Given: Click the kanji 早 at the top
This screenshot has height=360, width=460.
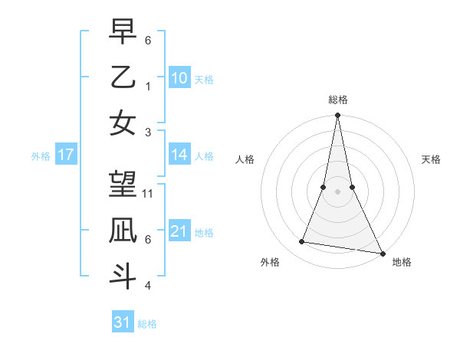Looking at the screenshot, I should point(123,31).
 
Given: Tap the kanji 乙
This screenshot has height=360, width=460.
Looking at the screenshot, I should point(123,77).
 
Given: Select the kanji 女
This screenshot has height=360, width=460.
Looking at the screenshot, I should point(123,123).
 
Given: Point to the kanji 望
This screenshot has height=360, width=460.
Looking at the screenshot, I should point(123,184).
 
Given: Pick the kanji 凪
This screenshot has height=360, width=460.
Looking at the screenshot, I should point(123,230).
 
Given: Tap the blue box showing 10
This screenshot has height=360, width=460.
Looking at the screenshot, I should point(179,77).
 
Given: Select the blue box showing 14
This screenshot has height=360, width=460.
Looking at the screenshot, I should point(179,155).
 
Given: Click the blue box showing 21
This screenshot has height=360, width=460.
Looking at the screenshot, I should point(179,231).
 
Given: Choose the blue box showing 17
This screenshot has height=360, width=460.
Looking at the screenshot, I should point(65,155).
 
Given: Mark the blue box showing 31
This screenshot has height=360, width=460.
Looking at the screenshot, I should point(122,322).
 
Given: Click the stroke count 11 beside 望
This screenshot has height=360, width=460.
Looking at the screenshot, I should point(148,194).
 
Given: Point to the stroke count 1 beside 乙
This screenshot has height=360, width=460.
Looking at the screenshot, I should point(148,86).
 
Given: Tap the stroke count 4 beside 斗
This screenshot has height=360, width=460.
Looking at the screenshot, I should point(148,286).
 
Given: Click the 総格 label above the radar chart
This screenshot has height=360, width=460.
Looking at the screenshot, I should point(337,100).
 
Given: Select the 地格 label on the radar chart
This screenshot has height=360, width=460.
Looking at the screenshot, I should point(402,262).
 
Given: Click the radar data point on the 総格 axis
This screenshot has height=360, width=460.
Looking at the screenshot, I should point(337,116).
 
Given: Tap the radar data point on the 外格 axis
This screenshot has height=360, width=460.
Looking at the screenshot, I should point(302,242).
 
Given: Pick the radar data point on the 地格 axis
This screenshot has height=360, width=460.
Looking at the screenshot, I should point(382,252).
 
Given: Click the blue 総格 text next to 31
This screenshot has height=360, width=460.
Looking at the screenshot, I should point(147,324).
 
